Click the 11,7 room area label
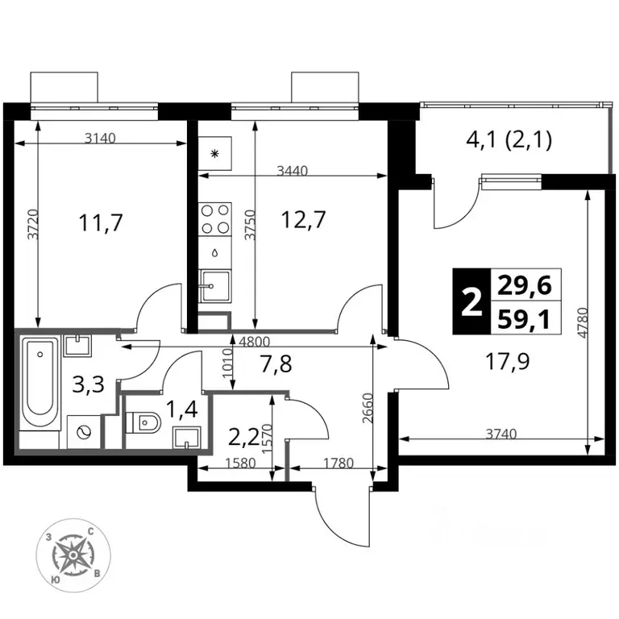point(101,222)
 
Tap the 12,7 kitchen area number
point(303,219)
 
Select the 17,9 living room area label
point(508,362)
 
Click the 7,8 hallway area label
point(276,364)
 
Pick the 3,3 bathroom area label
point(89,384)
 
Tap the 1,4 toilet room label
point(181,409)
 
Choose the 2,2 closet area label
point(243,436)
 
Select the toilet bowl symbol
point(143,423)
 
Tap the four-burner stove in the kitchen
point(214,219)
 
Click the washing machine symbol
point(83,432)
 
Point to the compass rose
point(73,555)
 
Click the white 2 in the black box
point(472,301)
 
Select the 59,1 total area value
point(524,320)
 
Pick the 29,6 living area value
point(524,285)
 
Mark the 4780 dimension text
point(584,322)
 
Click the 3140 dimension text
point(100,138)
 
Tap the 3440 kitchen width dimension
point(292,171)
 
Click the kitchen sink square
point(214,285)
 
